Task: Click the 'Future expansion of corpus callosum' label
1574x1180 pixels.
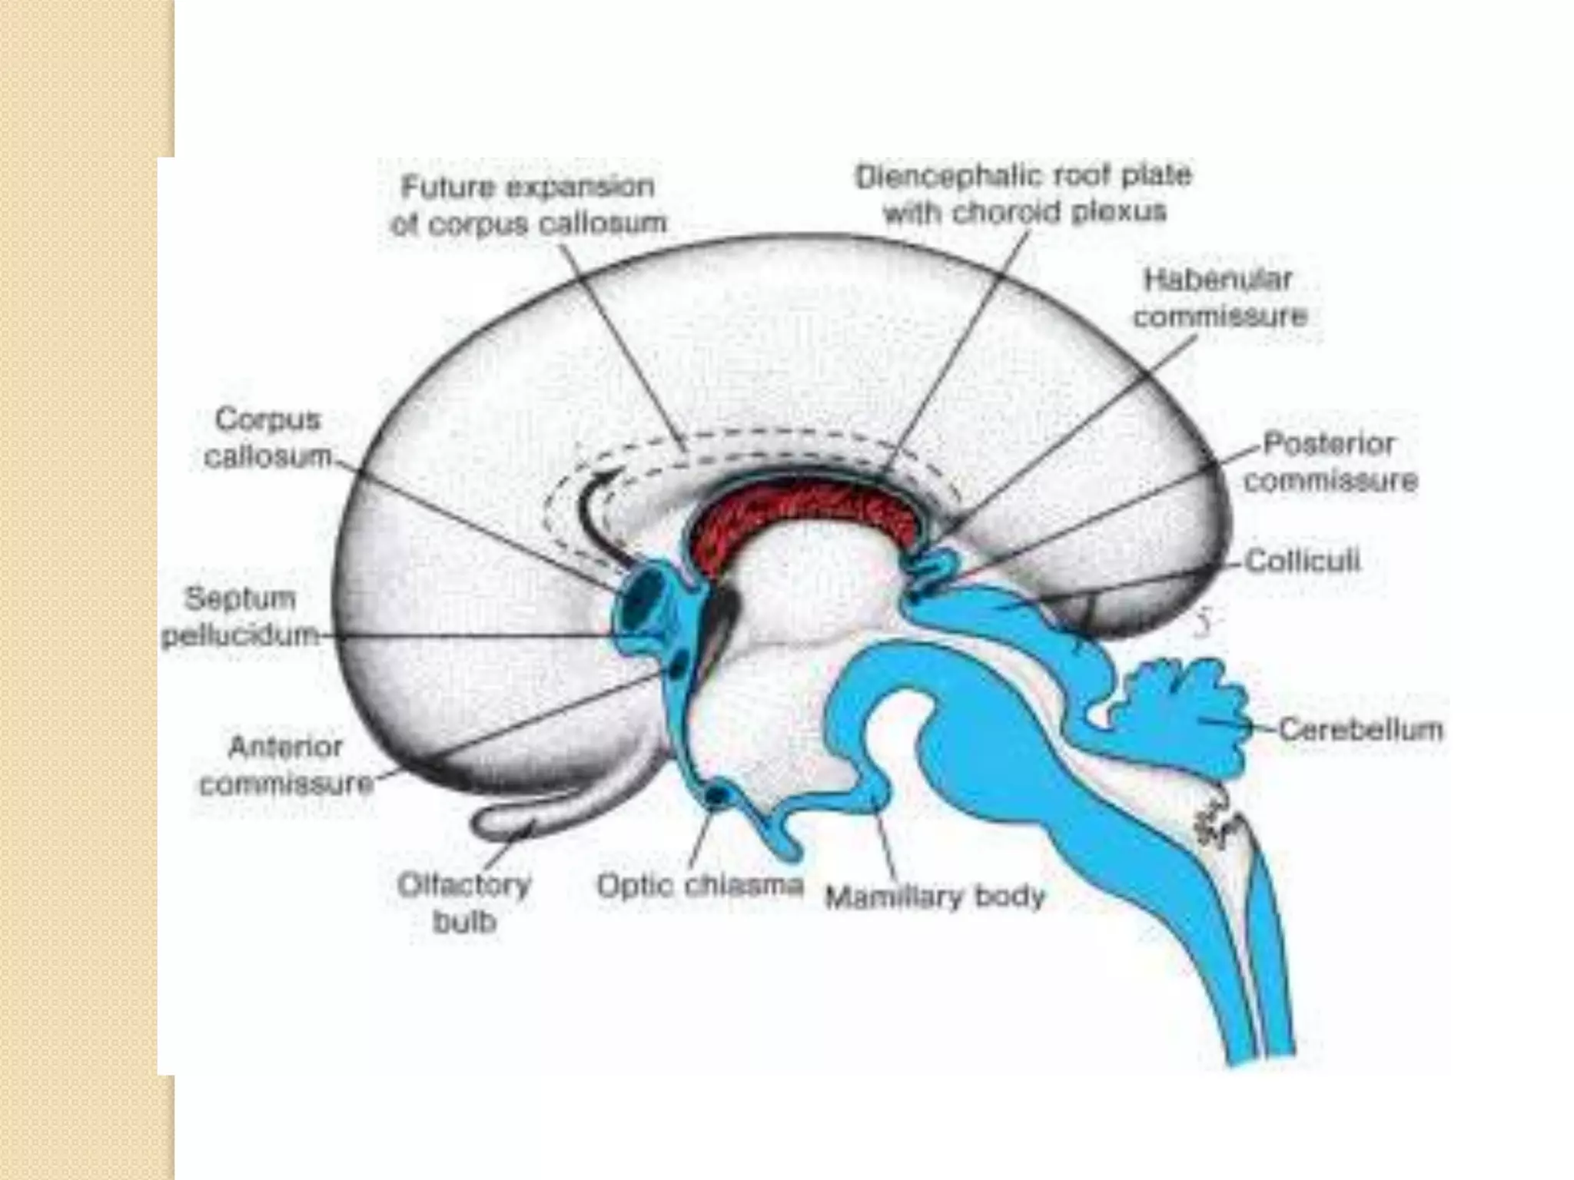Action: (528, 205)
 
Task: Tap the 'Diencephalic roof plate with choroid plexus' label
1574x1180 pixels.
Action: (1024, 194)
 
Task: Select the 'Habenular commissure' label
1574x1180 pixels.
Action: (1220, 297)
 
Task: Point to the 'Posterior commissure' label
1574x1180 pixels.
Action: (1330, 462)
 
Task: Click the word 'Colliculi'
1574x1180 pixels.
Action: (1302, 562)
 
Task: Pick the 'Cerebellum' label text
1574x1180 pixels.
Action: (1361, 729)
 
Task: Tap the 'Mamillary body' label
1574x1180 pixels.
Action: (935, 897)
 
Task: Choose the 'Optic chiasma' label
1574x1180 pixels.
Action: (700, 886)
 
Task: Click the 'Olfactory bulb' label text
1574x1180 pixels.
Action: (464, 903)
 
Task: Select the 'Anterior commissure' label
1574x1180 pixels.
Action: (285, 765)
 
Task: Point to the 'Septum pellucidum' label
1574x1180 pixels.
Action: (241, 617)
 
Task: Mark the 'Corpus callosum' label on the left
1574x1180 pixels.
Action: (267, 438)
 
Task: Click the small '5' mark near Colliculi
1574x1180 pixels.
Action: (1204, 623)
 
